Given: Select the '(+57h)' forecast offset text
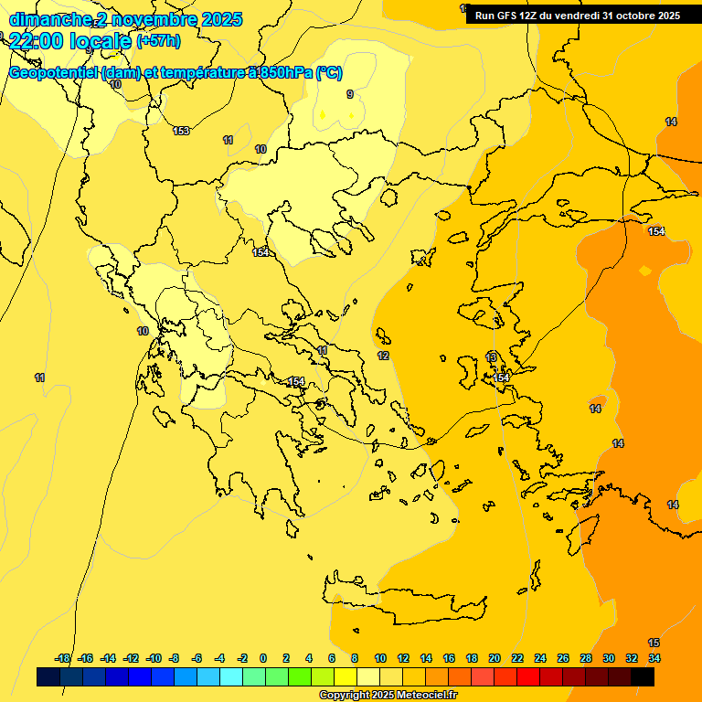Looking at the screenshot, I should point(158,41).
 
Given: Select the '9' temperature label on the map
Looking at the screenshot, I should point(349,94).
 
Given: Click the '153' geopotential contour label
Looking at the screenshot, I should point(181,131).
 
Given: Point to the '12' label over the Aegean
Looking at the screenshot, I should point(383,356).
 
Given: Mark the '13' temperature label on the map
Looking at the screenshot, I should point(492,356).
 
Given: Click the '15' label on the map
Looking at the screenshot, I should point(654,643).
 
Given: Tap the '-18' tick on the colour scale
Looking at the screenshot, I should point(63,658).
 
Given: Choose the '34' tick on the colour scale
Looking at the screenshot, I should point(654,658).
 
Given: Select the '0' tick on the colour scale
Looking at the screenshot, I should point(263,658).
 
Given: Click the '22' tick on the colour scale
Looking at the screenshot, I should point(517,658).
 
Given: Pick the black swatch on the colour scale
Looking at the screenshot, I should point(643,676).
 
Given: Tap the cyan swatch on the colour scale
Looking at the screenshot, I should point(231,676).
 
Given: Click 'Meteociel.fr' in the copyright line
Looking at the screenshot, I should point(420,696).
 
